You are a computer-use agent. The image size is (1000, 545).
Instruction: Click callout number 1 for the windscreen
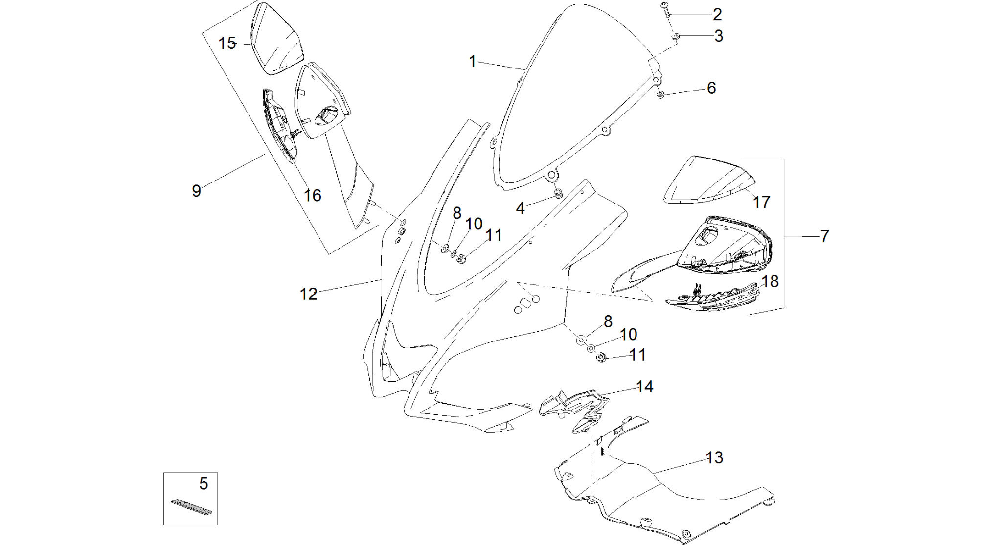coord(472,62)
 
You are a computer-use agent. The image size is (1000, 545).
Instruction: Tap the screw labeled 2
coord(665,10)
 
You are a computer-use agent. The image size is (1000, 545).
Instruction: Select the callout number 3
coord(718,36)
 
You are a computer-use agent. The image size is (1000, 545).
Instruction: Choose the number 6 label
coord(711,88)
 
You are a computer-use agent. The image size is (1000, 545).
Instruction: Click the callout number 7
coord(824,236)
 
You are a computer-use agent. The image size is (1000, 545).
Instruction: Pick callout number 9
coord(196,191)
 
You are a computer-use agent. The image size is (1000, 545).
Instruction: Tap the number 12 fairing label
coord(308,294)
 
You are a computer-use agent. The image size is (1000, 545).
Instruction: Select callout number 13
coord(714,457)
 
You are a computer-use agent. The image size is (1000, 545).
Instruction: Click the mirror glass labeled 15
coord(276,39)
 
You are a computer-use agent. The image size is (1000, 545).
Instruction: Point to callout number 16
coord(312,196)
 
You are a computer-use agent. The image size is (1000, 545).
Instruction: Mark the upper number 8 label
coord(457,213)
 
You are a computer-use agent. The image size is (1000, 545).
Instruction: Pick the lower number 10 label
coord(628,335)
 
